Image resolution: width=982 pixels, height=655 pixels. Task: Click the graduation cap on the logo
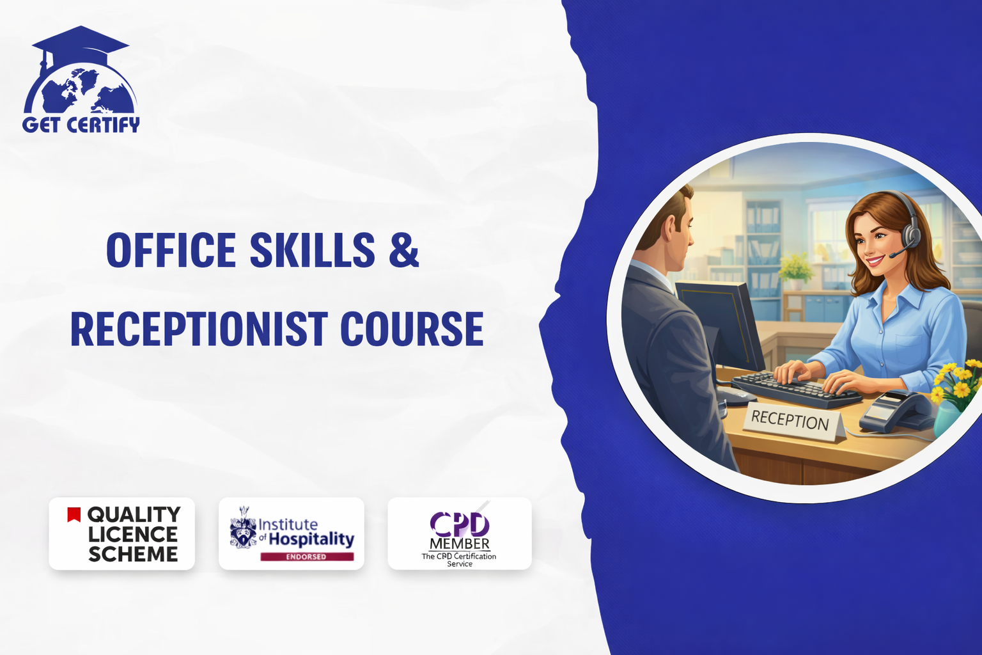[81, 43]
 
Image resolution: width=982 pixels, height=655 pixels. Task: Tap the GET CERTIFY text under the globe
[81, 125]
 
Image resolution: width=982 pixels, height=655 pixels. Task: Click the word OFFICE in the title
[171, 249]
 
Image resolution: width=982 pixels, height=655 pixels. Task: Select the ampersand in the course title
[404, 249]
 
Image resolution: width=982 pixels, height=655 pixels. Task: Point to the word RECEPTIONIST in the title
[199, 329]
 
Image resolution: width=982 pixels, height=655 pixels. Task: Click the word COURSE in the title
[412, 329]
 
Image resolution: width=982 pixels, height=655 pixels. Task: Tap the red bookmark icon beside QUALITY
[74, 515]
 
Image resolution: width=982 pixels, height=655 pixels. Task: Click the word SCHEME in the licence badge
[133, 554]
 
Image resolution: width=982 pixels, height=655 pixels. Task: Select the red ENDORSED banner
[307, 556]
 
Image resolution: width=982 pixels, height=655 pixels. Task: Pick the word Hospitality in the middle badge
[311, 539]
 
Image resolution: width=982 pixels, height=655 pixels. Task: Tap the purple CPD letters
[460, 524]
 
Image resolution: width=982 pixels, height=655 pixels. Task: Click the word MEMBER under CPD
[460, 544]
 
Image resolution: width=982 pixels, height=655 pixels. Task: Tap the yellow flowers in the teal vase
[958, 382]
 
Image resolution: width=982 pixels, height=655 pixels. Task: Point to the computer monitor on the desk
[719, 326]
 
